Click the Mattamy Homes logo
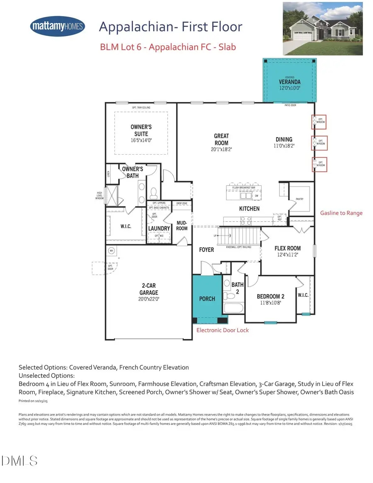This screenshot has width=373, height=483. [x=58, y=27]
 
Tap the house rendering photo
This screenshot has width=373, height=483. [x=323, y=29]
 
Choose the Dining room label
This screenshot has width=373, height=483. [x=284, y=142]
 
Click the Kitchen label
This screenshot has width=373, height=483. [x=249, y=209]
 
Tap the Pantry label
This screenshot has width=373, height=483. [x=300, y=199]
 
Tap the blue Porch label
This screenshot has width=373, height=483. [x=207, y=299]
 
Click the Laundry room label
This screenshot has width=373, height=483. [x=159, y=228]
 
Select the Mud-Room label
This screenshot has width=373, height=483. [x=182, y=226]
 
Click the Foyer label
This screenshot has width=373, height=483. [x=206, y=250]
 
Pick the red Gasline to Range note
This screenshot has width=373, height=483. [x=341, y=213]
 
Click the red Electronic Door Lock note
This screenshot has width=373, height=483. [x=222, y=330]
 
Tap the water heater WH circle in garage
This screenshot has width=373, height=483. [x=111, y=251]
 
